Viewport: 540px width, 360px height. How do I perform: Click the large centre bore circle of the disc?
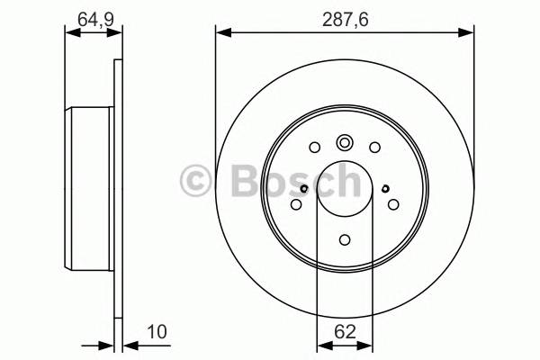click(345, 188)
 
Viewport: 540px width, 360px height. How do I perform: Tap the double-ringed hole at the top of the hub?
click(345, 142)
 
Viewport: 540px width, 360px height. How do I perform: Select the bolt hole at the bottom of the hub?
click(345, 239)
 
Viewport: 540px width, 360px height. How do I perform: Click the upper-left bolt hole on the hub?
click(314, 148)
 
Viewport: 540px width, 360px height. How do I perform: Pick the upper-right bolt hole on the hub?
click(374, 148)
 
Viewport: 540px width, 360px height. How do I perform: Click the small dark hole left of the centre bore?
click(305, 188)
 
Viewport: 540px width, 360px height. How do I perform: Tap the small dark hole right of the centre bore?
click(384, 188)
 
